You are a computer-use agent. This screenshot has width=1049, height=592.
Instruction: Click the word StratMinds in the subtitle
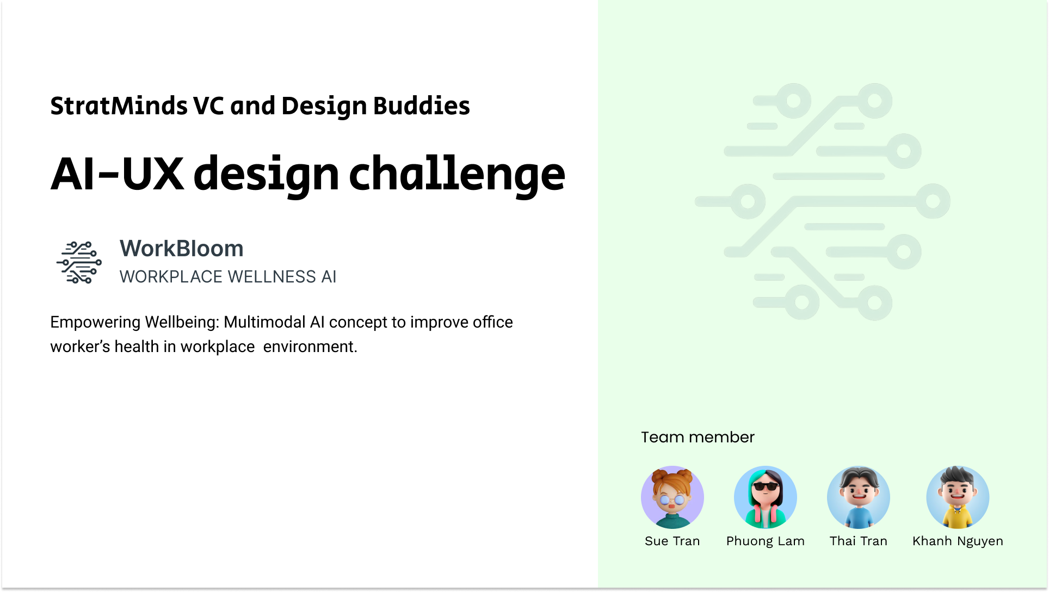click(119, 106)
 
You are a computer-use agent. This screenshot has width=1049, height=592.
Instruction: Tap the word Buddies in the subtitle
click(422, 106)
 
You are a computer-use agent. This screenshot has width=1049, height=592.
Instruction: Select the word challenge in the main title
click(457, 175)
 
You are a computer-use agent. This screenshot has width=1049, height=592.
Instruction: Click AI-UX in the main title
click(118, 174)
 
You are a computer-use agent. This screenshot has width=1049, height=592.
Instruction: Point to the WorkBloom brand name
click(182, 249)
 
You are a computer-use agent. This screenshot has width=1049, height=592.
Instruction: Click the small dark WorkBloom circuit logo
click(79, 262)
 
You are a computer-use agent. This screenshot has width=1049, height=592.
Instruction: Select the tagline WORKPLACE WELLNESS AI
click(228, 277)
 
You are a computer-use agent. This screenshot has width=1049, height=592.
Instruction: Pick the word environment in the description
click(310, 347)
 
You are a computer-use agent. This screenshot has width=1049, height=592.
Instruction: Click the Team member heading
click(698, 437)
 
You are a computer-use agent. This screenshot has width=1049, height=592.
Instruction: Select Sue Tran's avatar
click(672, 497)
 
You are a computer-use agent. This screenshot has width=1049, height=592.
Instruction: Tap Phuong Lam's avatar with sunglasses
click(766, 497)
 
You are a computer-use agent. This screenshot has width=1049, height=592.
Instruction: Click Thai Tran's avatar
click(859, 497)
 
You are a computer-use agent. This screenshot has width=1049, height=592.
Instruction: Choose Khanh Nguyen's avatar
click(958, 497)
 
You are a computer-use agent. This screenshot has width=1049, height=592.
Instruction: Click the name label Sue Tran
click(672, 541)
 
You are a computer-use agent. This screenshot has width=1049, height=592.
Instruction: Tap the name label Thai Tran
click(859, 541)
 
